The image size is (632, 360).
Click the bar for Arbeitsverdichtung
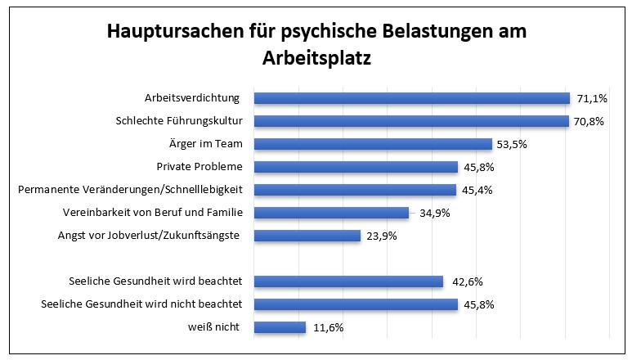(x=411, y=98)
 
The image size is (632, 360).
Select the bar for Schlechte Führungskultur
(x=411, y=121)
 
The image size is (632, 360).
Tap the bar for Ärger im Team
(x=373, y=144)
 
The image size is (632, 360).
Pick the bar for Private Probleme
(x=356, y=167)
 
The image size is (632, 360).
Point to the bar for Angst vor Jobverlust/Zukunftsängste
(x=307, y=236)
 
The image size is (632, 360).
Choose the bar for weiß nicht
(x=280, y=327)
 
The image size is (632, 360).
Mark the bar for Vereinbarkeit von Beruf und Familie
(x=331, y=213)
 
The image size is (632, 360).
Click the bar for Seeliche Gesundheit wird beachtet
(x=348, y=281)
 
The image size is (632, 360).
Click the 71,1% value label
(x=592, y=98)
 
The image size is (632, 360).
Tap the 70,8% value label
(x=591, y=121)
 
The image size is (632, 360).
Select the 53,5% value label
(x=514, y=144)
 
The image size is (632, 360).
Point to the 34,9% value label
(x=431, y=213)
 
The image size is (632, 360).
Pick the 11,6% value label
(x=327, y=327)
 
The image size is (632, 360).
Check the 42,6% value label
(x=465, y=281)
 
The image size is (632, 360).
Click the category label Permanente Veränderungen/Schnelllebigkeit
(x=136, y=190)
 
